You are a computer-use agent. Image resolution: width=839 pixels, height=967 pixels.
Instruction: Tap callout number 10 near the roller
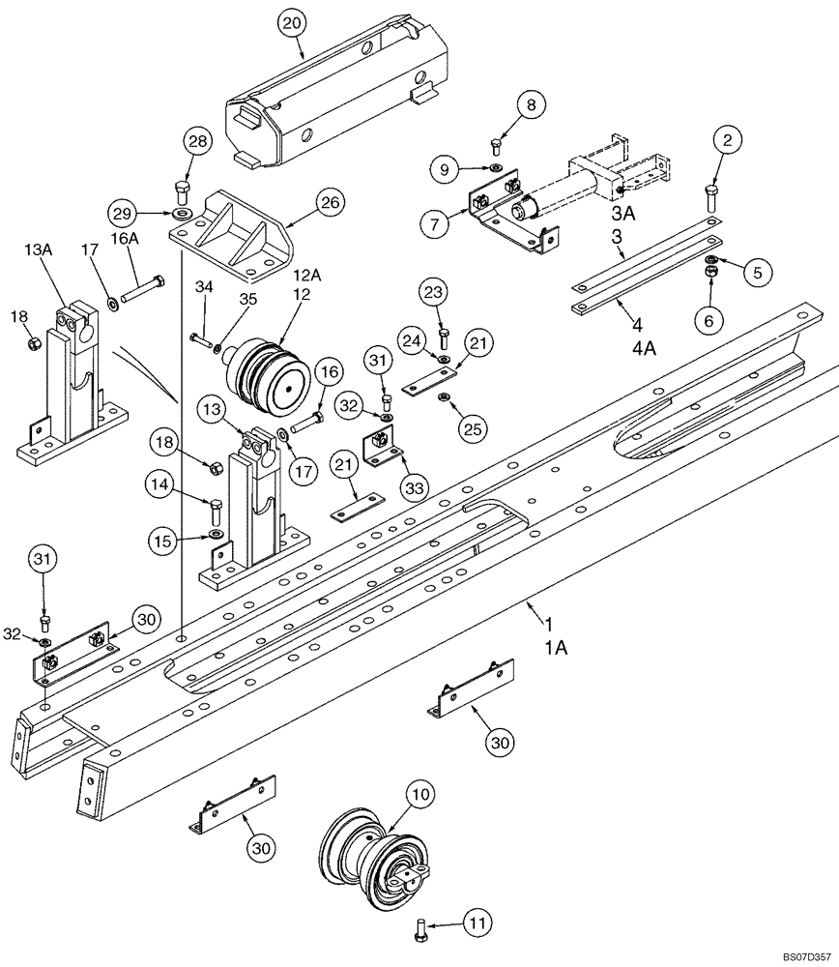pyautogui.click(x=419, y=796)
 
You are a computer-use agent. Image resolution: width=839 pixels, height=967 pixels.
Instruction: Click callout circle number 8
pyautogui.click(x=530, y=104)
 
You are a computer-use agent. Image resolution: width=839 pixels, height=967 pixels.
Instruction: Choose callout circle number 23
pyautogui.click(x=433, y=292)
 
